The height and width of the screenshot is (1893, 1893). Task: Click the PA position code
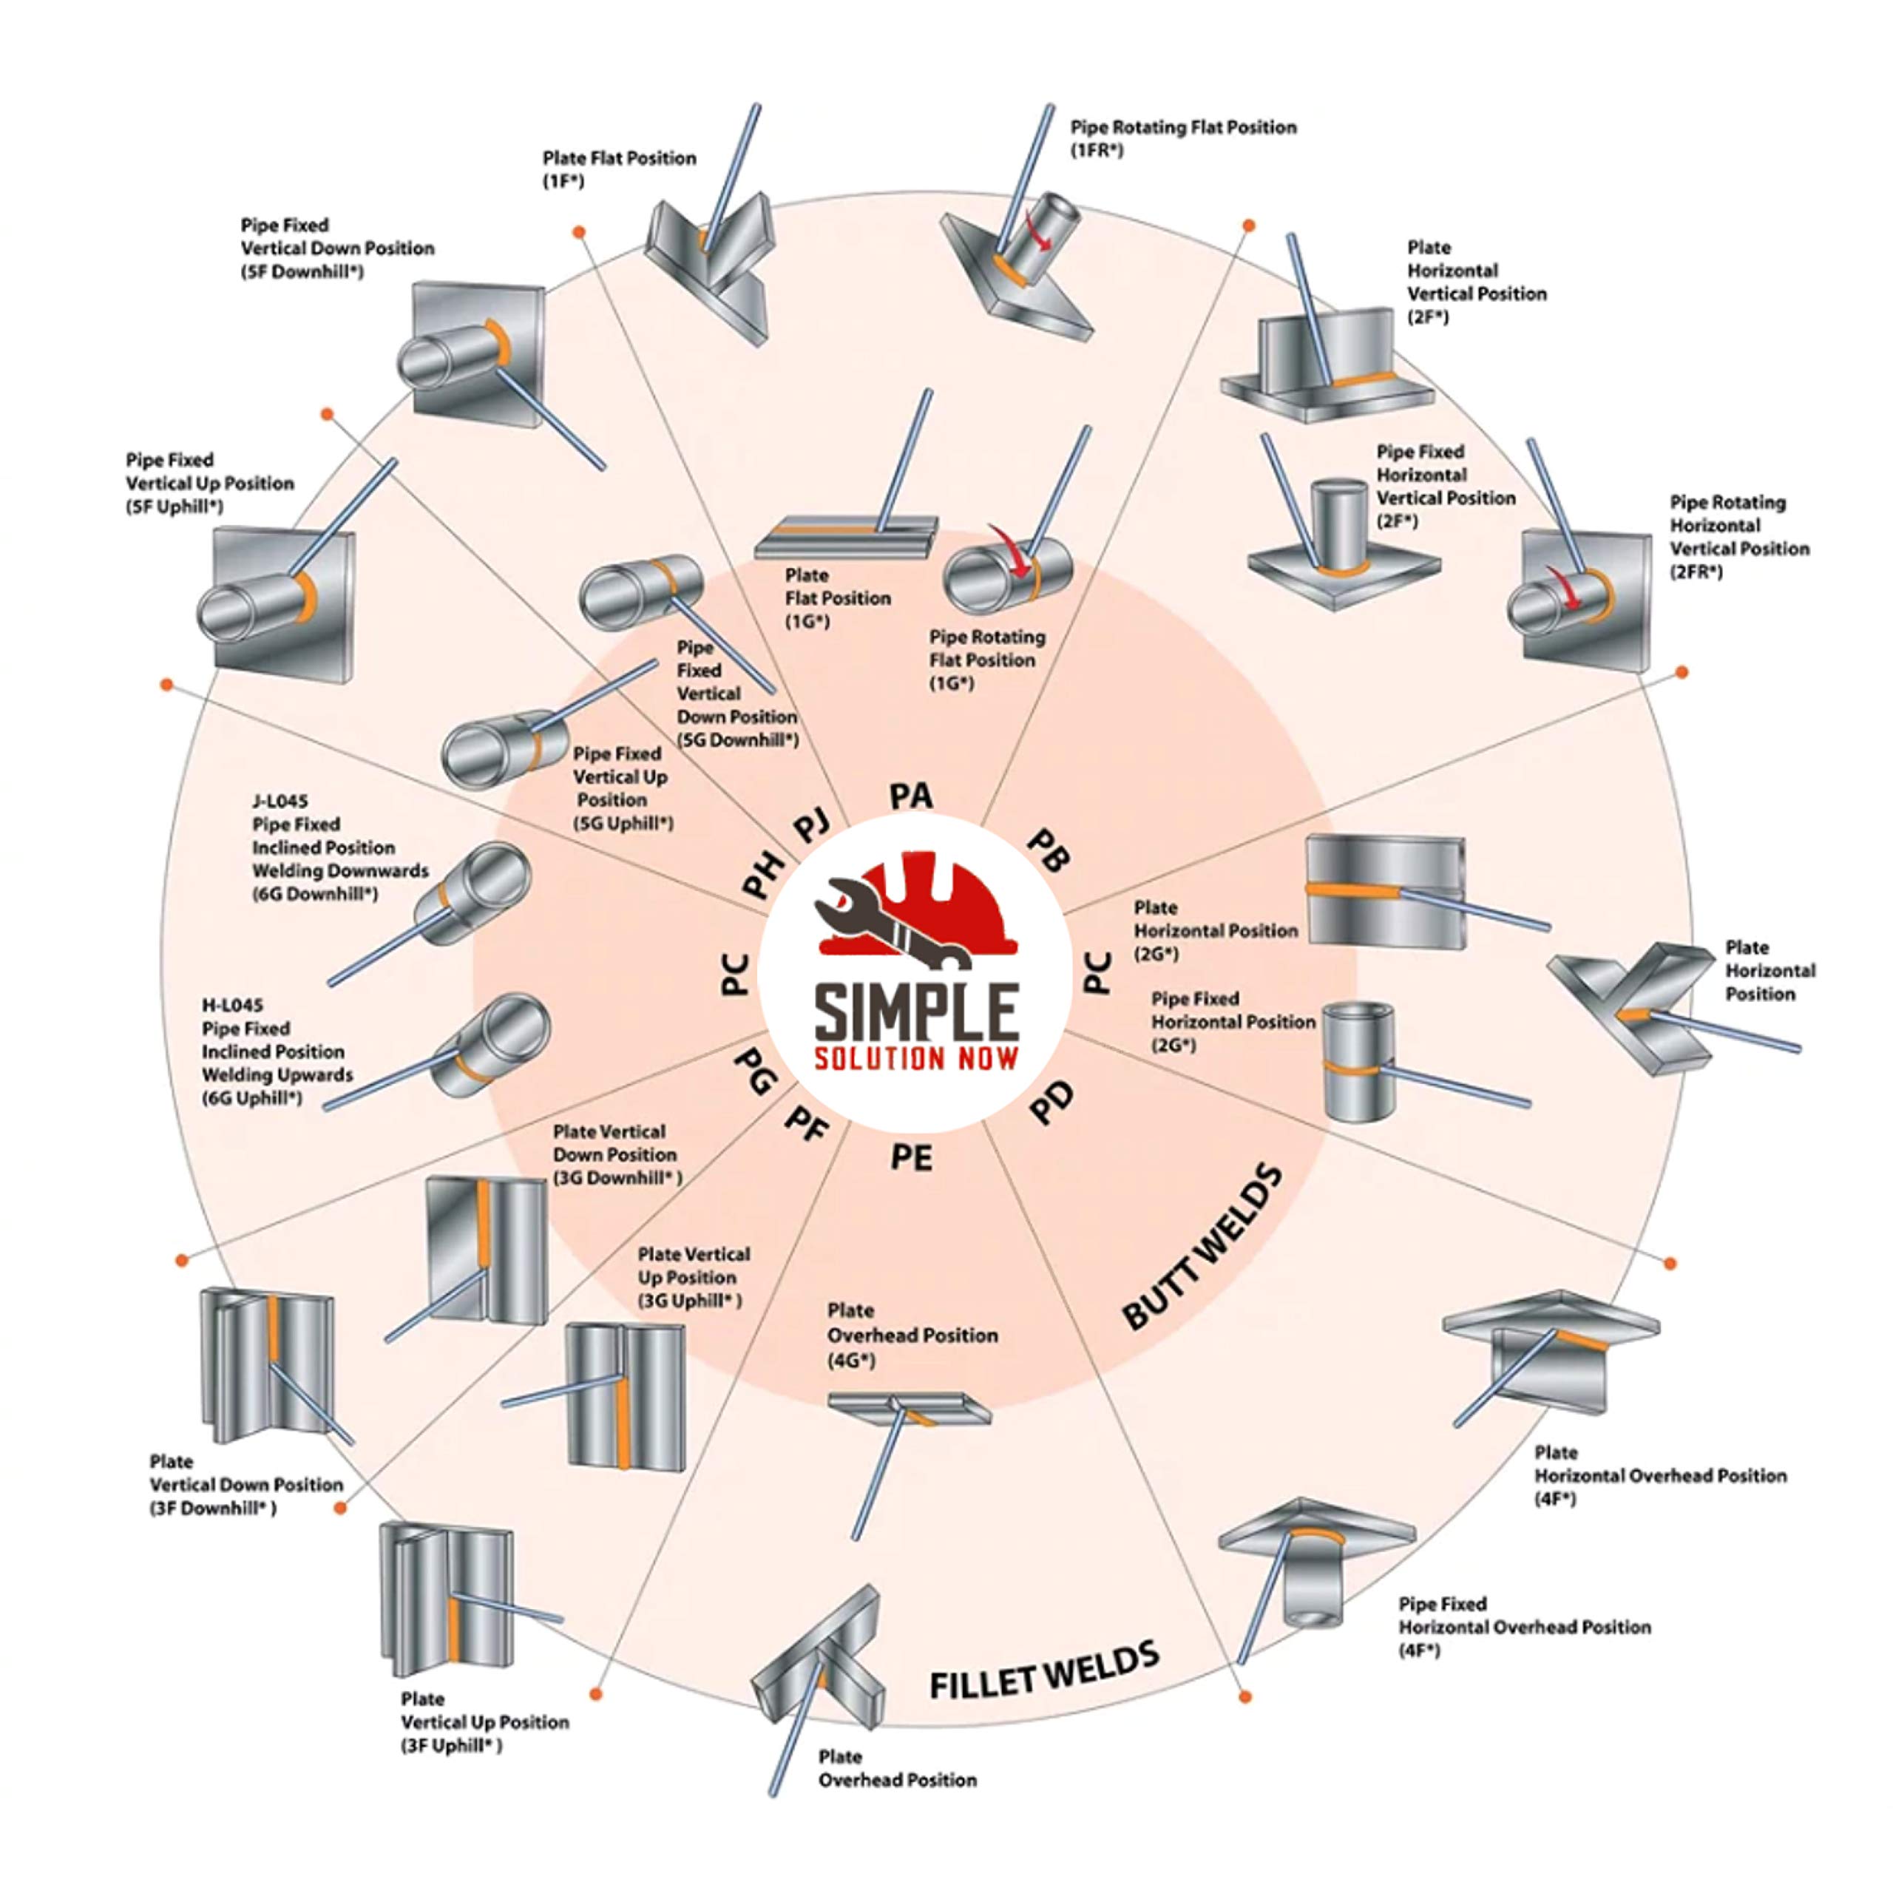(911, 796)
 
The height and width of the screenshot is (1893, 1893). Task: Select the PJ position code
(811, 825)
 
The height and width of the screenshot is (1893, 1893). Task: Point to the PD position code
(1052, 1104)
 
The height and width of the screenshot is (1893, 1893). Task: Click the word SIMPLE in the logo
(917, 1013)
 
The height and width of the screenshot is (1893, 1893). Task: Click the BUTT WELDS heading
(1202, 1246)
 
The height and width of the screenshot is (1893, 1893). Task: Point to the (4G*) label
(851, 1360)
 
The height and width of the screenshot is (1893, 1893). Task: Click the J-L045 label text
(280, 801)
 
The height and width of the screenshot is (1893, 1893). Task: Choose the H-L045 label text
(232, 1006)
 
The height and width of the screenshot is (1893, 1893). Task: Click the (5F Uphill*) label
(175, 507)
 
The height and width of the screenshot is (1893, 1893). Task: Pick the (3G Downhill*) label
(617, 1178)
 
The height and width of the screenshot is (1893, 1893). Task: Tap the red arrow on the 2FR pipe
(1565, 588)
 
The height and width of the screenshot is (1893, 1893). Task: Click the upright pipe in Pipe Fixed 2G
(1359, 1060)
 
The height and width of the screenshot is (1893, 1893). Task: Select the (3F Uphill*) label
(451, 1746)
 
